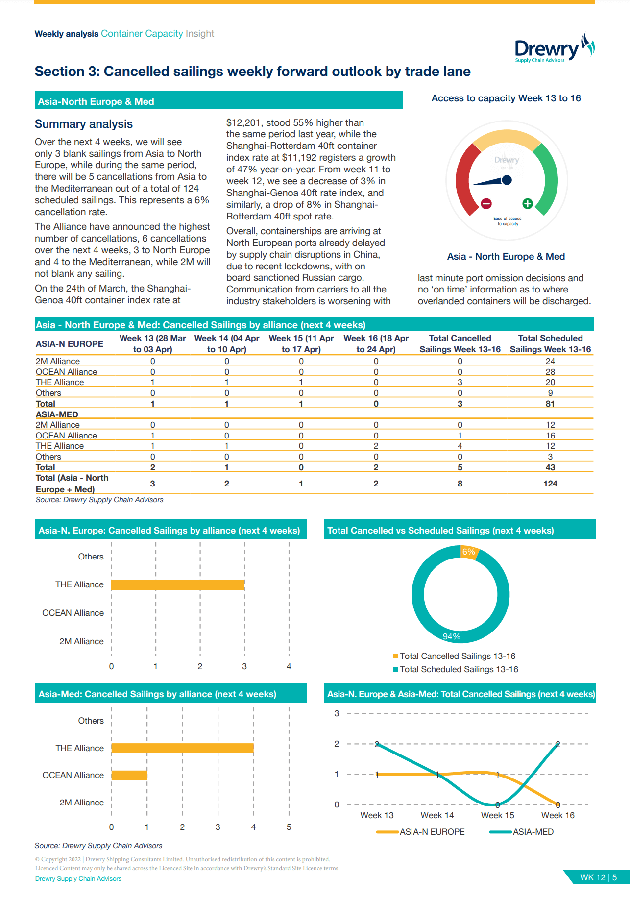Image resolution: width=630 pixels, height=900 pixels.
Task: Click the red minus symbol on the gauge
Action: coord(486,203)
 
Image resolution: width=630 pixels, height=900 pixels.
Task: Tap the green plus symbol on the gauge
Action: coord(528,203)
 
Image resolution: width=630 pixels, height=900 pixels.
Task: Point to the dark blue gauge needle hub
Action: coord(507,180)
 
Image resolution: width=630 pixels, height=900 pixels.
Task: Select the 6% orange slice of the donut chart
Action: coord(469,552)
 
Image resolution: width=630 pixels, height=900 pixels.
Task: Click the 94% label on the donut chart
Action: coord(451,636)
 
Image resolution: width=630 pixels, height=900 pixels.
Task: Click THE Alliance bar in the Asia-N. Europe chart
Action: coord(178,584)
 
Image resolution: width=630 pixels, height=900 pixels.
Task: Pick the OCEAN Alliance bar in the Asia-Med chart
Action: coord(129,775)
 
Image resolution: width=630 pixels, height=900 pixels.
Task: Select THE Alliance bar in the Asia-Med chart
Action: coord(182,748)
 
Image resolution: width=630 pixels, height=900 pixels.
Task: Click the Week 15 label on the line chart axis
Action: coord(497,815)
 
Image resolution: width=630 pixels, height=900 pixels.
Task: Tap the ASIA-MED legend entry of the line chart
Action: coord(522,832)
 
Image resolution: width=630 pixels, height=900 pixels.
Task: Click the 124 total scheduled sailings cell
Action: coord(550,484)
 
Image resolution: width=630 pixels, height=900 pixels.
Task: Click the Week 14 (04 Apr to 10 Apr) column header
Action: coord(226,343)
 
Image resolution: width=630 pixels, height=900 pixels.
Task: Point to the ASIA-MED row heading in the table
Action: coord(57,414)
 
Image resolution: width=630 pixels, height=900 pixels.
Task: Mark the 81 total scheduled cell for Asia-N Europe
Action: coord(550,404)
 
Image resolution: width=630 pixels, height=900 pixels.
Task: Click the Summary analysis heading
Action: coord(84,124)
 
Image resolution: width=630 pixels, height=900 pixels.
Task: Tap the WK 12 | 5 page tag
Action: coord(598,877)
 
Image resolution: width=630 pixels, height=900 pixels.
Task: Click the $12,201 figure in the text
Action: coord(244,122)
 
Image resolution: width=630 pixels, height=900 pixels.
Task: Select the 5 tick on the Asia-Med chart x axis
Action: coord(289,827)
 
